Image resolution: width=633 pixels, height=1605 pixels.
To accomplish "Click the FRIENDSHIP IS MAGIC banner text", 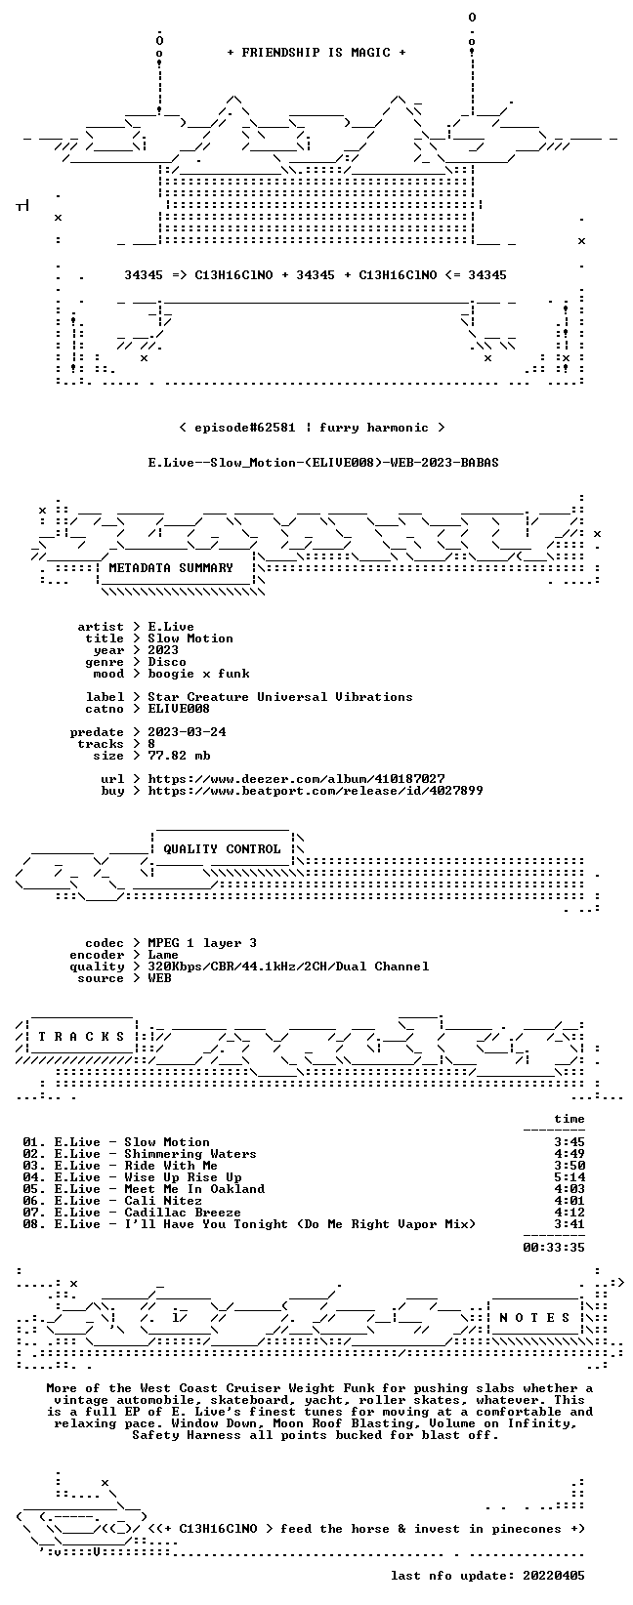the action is click(316, 53).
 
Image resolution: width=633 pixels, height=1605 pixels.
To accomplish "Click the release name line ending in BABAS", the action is click(323, 463).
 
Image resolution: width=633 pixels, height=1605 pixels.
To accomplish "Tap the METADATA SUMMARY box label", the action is click(171, 568).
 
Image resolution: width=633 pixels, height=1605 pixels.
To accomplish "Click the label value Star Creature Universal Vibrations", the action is click(280, 697).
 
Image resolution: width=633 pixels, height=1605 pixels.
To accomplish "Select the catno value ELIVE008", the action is click(179, 709).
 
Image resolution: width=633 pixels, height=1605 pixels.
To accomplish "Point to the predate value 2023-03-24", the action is click(187, 732).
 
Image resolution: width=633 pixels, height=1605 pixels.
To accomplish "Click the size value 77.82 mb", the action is click(179, 756).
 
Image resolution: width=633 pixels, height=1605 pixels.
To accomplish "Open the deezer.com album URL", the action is click(296, 779).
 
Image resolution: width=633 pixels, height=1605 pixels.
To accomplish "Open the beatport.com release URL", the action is click(316, 791).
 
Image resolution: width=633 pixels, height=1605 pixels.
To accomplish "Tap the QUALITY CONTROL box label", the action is click(222, 849).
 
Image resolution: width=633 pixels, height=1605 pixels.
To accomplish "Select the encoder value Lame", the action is click(163, 955).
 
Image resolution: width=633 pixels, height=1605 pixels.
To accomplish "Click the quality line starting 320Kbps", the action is click(288, 967).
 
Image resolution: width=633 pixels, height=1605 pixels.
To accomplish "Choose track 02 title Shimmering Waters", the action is click(190, 1154).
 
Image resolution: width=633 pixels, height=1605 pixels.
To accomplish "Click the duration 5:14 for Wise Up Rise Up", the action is click(570, 1177).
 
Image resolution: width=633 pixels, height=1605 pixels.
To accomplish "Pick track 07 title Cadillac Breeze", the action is click(182, 1213).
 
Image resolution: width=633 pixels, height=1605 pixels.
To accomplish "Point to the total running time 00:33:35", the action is click(554, 1248).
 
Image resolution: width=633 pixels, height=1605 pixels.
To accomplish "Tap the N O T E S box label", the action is click(534, 1318).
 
